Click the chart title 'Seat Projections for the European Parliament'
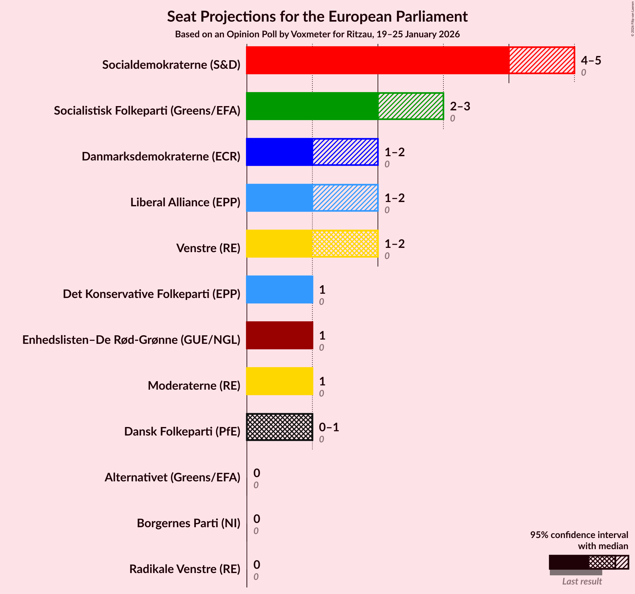click(x=317, y=17)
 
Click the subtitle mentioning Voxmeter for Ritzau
click(x=317, y=34)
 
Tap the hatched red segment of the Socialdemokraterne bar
click(x=542, y=60)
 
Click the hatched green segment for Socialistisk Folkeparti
click(x=411, y=106)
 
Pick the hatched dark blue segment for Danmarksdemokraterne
click(x=345, y=152)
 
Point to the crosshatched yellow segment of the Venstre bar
click(x=345, y=244)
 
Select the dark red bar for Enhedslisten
click(x=279, y=335)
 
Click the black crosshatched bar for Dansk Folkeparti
click(x=279, y=427)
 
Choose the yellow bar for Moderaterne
click(x=279, y=381)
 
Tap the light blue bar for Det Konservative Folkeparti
click(x=279, y=289)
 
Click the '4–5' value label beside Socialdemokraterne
click(x=591, y=61)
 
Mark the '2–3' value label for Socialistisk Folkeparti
click(x=460, y=106)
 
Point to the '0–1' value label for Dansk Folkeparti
click(x=329, y=427)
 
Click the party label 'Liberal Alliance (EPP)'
click(x=185, y=202)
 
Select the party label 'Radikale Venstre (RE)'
click(x=185, y=569)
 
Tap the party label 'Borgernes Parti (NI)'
click(x=188, y=523)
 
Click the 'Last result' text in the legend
click(x=582, y=581)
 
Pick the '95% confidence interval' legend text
click(x=579, y=535)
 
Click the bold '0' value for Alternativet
click(x=257, y=473)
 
